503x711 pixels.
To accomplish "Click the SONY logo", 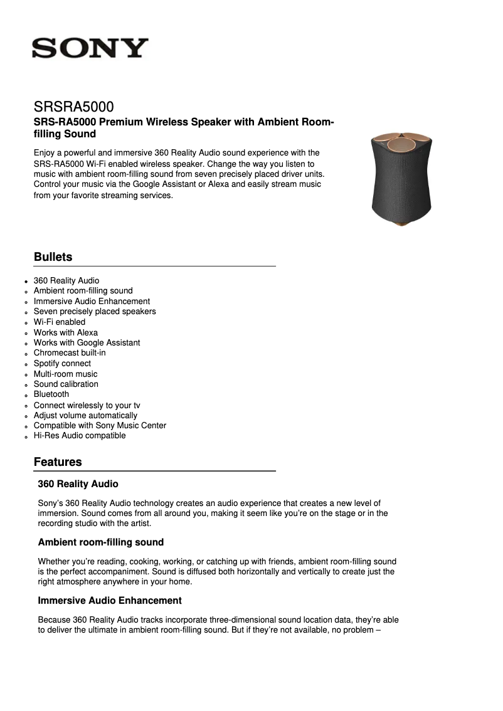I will pyautogui.click(x=90, y=48).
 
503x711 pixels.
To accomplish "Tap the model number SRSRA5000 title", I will pyautogui.click(x=73, y=107).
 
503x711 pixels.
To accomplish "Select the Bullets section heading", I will pyautogui.click(x=53, y=257).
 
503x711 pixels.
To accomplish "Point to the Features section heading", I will pyautogui.click(x=58, y=462).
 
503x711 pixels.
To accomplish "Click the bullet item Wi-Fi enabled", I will pyautogui.click(x=60, y=322).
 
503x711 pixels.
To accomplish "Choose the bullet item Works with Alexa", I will pyautogui.click(x=66, y=332).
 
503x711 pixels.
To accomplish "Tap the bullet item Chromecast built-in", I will pyautogui.click(x=70, y=352).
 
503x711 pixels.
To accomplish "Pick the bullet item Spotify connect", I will pyautogui.click(x=62, y=363).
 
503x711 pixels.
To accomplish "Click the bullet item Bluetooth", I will pyautogui.click(x=51, y=394).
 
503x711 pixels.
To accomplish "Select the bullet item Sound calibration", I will pyautogui.click(x=66, y=384).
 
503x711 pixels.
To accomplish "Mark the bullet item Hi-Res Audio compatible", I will pyautogui.click(x=80, y=435).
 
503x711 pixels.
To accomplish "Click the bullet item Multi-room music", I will pyautogui.click(x=65, y=374).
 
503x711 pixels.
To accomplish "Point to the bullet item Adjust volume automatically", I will pyautogui.click(x=85, y=415).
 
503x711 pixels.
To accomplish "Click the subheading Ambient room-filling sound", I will pyautogui.click(x=100, y=542).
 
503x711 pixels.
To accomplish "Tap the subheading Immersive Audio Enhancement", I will pyautogui.click(x=110, y=601).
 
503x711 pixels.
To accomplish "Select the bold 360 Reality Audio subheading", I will pyautogui.click(x=78, y=484).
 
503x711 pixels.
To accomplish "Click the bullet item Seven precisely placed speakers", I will pyautogui.click(x=95, y=311).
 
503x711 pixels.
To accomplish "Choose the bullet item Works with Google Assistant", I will pyautogui.click(x=87, y=342).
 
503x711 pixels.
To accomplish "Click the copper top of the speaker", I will pyautogui.click(x=396, y=143).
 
